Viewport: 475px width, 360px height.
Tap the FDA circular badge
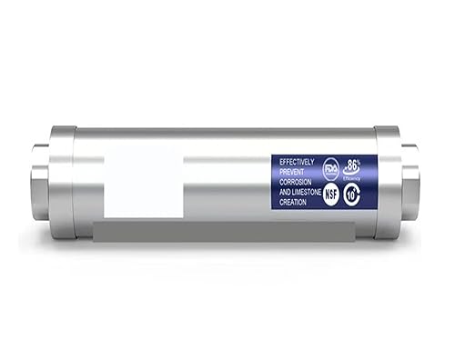[x=330, y=168]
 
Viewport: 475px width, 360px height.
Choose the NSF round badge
[x=331, y=195]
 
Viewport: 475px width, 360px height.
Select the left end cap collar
[x=63, y=182]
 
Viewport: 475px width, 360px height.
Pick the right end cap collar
[x=387, y=182]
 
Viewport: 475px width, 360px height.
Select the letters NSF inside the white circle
[x=331, y=195]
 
